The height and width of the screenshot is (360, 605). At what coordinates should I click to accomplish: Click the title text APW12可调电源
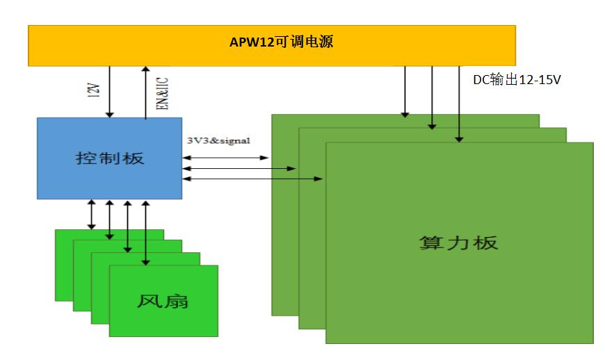point(281,43)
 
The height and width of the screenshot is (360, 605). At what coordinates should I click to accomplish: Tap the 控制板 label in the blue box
point(109,158)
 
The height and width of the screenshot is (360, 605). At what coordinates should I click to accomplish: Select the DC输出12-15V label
point(517,81)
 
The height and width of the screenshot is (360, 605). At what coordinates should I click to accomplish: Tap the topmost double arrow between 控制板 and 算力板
point(225,158)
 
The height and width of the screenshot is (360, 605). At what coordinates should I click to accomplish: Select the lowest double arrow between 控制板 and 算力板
point(252,179)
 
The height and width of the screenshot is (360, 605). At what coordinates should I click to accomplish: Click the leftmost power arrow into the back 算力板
point(405,90)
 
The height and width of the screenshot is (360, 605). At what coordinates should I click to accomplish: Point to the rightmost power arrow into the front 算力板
point(459,104)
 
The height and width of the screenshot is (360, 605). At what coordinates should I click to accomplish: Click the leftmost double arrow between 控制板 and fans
point(91,214)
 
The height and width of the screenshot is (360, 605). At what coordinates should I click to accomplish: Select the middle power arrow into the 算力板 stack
point(432,97)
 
